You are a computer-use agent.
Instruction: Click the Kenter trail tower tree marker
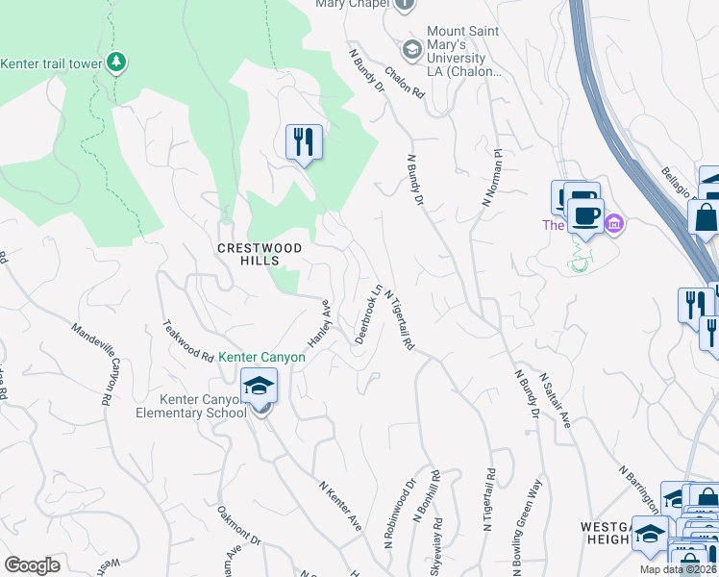pyautogui.click(x=116, y=63)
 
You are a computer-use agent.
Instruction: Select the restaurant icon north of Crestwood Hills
pyautogui.click(x=305, y=143)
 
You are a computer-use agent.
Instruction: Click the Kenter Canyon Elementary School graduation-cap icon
pyautogui.click(x=259, y=388)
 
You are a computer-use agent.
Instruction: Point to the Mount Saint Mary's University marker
pyautogui.click(x=412, y=50)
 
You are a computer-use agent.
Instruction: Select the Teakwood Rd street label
pyautogui.click(x=188, y=340)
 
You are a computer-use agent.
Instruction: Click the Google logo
pyautogui.click(x=33, y=565)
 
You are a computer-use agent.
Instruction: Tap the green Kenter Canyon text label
pyautogui.click(x=261, y=357)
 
